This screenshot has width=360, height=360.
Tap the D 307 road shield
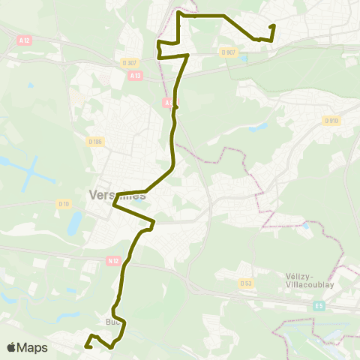pyautogui.click(x=127, y=63)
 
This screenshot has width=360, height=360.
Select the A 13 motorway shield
pyautogui.click(x=135, y=75)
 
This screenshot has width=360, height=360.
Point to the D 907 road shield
pyautogui.click(x=227, y=52)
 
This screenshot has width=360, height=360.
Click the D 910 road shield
pyautogui.click(x=330, y=121)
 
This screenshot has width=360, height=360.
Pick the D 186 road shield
pyautogui.click(x=94, y=141)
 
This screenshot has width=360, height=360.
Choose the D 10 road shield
pyautogui.click(x=64, y=202)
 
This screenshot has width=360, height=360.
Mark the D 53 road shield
pyautogui.click(x=246, y=283)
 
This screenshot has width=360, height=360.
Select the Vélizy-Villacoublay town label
pyautogui.click(x=308, y=280)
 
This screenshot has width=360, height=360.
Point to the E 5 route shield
pyautogui.click(x=318, y=305)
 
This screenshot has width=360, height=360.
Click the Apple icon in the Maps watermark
pyautogui.click(x=11, y=347)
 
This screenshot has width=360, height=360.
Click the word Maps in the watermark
pyautogui.click(x=33, y=347)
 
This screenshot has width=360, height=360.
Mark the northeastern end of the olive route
pyautogui.click(x=273, y=26)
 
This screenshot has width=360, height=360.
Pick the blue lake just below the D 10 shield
pyautogui.click(x=74, y=223)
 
